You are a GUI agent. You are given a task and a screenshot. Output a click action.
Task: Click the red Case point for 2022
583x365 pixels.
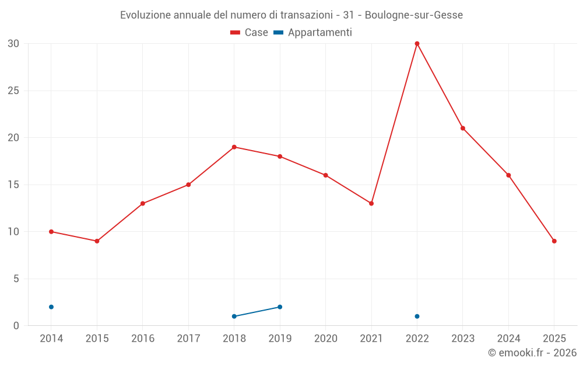(x=417, y=43)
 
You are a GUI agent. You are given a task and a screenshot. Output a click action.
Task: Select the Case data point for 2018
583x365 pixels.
(x=234, y=147)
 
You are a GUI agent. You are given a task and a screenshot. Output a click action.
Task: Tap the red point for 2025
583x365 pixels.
(x=554, y=241)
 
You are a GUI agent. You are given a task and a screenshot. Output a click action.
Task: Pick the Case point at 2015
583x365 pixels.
(x=97, y=241)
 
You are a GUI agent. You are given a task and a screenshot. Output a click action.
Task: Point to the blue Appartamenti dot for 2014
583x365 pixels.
(x=51, y=307)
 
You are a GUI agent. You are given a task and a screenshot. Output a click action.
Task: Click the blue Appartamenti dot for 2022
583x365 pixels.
(x=417, y=317)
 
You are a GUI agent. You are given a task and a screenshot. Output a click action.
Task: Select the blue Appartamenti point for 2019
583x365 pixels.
(x=280, y=307)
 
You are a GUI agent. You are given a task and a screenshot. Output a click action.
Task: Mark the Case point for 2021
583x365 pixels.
(x=371, y=203)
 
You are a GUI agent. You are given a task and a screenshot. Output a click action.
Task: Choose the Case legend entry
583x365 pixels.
(x=249, y=33)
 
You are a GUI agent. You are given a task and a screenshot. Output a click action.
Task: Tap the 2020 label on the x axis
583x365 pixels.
(x=325, y=338)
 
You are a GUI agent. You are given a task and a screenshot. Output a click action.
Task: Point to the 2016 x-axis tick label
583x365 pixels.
(x=143, y=338)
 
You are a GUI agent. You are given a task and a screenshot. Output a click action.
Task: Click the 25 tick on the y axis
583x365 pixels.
(x=13, y=91)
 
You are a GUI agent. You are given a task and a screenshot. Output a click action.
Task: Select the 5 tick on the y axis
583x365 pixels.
(x=16, y=279)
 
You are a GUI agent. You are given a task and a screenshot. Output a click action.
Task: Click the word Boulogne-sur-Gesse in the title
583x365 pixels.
(x=414, y=15)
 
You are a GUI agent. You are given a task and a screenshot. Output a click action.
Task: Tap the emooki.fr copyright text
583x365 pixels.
(x=532, y=353)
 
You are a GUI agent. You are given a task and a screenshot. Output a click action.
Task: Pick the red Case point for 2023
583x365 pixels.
(x=463, y=128)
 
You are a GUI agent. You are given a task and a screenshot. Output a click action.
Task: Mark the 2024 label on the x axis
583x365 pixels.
(x=508, y=338)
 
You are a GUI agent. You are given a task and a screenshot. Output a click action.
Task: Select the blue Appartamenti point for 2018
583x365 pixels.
(x=234, y=317)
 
